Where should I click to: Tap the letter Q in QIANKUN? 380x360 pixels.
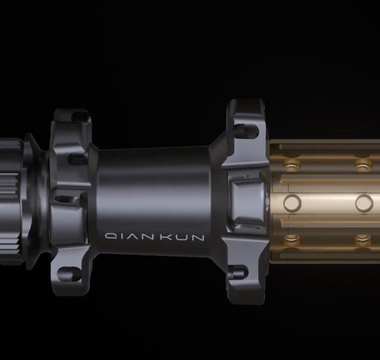pyautogui.click(x=110, y=238)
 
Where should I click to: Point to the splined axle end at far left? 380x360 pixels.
pyautogui.click(x=12, y=190)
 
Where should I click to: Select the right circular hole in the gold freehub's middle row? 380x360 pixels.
pyautogui.click(x=364, y=202)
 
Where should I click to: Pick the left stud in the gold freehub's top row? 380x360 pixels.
pyautogui.click(x=291, y=161)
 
